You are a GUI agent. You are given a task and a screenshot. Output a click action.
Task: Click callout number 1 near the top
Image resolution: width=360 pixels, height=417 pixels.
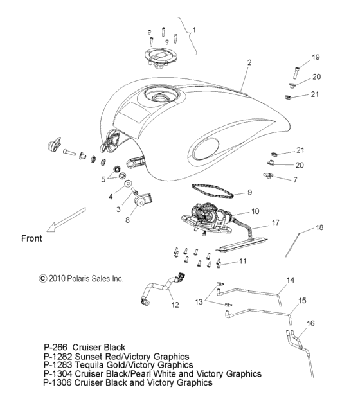[x=195, y=29]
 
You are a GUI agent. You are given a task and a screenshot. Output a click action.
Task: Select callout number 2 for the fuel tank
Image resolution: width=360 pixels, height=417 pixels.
[x=249, y=63]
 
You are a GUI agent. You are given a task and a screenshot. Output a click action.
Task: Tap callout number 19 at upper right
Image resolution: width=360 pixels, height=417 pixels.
[x=316, y=58]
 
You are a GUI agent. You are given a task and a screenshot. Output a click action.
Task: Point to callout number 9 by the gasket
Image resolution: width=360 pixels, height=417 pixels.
[x=249, y=192]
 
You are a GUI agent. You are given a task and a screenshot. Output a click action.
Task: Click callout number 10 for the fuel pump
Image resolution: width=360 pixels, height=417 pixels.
[x=255, y=211]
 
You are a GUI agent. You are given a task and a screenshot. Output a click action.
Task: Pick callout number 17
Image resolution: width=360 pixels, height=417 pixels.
[x=276, y=223]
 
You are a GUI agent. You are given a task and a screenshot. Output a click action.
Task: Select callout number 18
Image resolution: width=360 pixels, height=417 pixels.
[x=320, y=227]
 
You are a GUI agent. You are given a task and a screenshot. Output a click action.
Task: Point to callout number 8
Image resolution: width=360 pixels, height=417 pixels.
[x=126, y=219]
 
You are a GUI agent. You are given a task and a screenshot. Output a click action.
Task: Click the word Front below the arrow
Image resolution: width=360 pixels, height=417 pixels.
[x=32, y=238]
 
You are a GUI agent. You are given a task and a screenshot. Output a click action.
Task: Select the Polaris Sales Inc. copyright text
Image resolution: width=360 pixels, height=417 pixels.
[x=81, y=279]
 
